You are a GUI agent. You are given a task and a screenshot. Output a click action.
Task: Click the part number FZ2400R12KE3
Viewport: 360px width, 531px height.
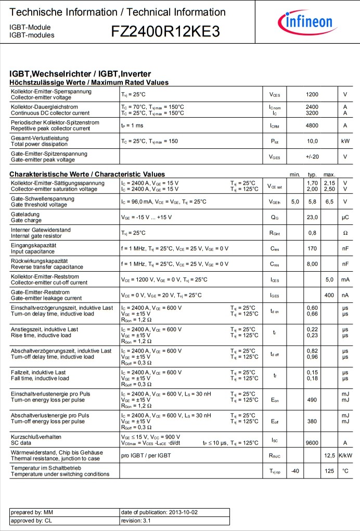coord(165,32)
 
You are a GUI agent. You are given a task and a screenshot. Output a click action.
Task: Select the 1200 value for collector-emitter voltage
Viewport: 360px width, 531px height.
coord(312,94)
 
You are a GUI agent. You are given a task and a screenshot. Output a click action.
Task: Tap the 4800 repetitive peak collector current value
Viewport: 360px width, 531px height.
coord(312,125)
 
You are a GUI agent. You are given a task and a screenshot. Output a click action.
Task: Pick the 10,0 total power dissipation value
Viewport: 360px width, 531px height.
coord(312,141)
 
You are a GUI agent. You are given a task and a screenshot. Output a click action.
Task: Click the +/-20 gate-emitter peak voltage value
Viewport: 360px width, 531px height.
coord(312,157)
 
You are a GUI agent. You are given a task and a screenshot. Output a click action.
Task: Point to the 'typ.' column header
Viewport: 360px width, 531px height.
coord(312,174)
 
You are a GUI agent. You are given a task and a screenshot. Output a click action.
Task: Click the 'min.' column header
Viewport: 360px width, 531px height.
coord(295,174)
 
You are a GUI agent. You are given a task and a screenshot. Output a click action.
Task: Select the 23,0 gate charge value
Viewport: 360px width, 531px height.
coord(312,217)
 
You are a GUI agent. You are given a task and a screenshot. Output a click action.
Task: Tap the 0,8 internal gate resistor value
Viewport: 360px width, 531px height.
coord(312,233)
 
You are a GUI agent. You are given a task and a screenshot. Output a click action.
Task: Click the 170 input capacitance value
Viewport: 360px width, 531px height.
coord(312,248)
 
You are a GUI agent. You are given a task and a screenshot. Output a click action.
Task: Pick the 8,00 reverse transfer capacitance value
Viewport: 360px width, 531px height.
coord(312,264)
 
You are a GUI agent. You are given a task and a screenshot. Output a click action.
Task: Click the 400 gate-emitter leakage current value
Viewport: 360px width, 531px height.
coord(329,295)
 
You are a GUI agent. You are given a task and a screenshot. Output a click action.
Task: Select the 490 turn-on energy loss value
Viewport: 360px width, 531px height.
coord(312,400)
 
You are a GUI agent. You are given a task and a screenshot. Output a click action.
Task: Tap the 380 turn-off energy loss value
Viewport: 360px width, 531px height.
coord(312,421)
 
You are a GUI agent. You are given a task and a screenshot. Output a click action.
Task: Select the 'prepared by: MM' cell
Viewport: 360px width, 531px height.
coord(31,512)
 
